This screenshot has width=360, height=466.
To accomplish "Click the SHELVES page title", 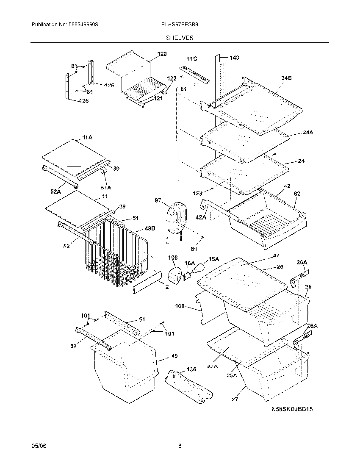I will pyautogui.click(x=180, y=38).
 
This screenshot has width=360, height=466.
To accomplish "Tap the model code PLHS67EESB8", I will pyautogui.click(x=180, y=25).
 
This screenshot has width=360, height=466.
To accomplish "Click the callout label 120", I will pyautogui.click(x=162, y=54).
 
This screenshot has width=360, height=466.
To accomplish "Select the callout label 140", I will pyautogui.click(x=234, y=57).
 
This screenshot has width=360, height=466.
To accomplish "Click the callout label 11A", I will pyautogui.click(x=87, y=137).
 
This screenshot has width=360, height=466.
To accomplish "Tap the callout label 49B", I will pyautogui.click(x=150, y=228).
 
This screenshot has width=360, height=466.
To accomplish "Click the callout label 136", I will pyautogui.click(x=191, y=369).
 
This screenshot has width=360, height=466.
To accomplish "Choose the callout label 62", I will pyautogui.click(x=297, y=194).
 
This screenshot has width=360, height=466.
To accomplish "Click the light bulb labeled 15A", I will pyautogui.click(x=199, y=268).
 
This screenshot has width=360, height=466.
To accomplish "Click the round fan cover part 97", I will pyautogui.click(x=177, y=219).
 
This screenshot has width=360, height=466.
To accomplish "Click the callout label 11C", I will pyautogui.click(x=192, y=58).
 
